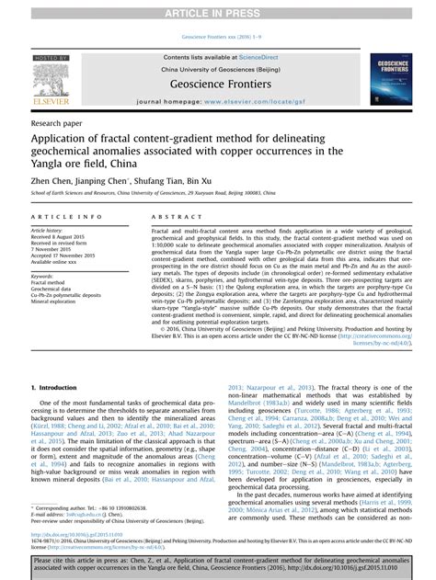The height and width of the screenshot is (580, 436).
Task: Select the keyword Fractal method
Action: pyautogui.click(x=49, y=284)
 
